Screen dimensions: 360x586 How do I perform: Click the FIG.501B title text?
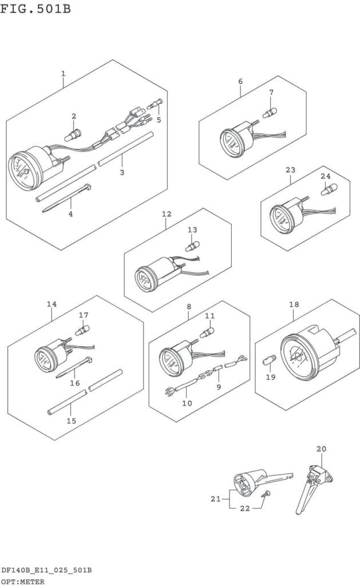point(35,8)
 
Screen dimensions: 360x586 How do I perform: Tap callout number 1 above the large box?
point(63,74)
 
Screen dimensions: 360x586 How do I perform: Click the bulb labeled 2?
point(73,135)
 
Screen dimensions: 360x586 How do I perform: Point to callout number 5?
point(159,120)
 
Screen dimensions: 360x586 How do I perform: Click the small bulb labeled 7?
point(270,112)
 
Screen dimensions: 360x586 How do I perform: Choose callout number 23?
point(291,169)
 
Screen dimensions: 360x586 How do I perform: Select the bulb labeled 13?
point(192,246)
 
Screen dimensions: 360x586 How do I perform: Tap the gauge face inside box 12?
point(144,279)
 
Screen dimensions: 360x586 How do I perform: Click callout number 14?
point(52,304)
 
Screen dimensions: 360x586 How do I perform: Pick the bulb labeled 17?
point(82,331)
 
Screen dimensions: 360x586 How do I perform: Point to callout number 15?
point(72,421)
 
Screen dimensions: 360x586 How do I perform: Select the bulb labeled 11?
point(207,332)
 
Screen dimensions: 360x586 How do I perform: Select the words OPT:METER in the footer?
point(23,581)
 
